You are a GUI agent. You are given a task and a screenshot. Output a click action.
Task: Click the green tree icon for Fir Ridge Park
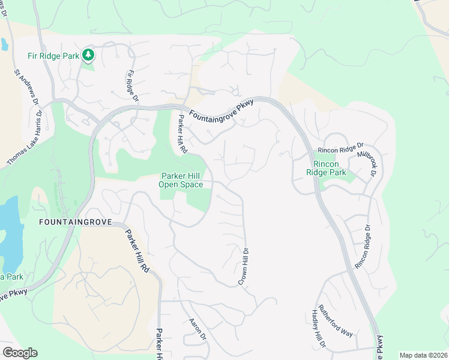pyautogui.click(x=89, y=56)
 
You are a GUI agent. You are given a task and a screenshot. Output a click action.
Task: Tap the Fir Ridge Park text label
pyautogui.click(x=53, y=56)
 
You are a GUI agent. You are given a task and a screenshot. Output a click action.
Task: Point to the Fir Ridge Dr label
pyautogui.click(x=132, y=86)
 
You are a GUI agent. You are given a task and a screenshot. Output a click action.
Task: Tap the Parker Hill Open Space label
pyautogui.click(x=181, y=180)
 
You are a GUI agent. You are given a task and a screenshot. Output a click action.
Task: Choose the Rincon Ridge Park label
pyautogui.click(x=330, y=168)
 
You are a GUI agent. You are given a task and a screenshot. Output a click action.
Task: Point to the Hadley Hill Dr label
pyautogui.click(x=318, y=329)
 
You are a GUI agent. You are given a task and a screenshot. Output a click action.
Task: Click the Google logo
pyautogui.click(x=20, y=353)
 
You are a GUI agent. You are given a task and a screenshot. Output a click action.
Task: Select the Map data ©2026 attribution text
pyautogui.click(x=423, y=355)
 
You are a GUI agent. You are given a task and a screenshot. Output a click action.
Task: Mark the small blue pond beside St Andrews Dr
pyautogui.click(x=4, y=43)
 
